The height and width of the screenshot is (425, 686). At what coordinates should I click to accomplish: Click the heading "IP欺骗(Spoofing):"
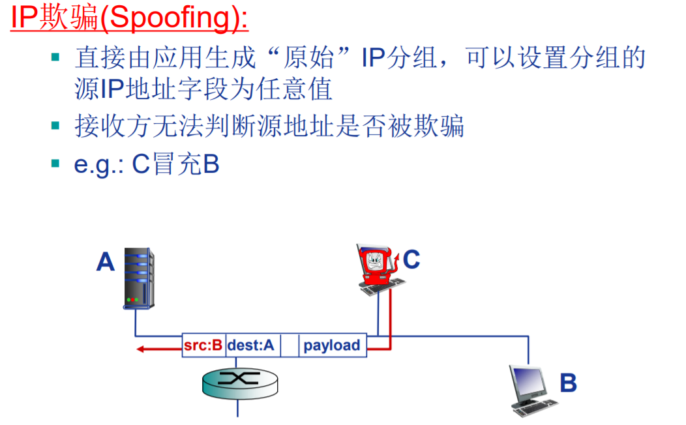pos(129,18)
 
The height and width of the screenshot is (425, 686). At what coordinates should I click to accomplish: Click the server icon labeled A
pos(139,278)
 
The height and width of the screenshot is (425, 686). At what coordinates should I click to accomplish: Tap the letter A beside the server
pos(106,261)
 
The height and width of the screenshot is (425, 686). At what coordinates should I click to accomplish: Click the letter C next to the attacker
pos(411,259)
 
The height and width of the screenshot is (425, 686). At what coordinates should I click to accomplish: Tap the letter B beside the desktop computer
pos(568,383)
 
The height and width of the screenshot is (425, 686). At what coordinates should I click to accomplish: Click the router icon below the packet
pos(238,381)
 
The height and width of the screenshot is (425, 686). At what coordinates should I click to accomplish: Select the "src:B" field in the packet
pos(203,345)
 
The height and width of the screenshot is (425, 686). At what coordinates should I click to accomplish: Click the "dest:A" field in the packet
pos(251,345)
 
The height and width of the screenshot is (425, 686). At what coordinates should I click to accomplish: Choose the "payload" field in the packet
pos(332,345)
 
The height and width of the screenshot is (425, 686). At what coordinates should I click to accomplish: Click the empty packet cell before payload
pos(289,345)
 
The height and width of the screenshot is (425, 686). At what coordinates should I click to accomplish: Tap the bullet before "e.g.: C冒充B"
pos(55,164)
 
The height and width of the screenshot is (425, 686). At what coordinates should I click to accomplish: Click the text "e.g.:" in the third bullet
pos(99,164)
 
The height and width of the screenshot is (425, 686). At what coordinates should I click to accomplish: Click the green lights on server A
pos(132,300)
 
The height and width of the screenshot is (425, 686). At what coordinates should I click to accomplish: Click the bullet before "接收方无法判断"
pos(55,125)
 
